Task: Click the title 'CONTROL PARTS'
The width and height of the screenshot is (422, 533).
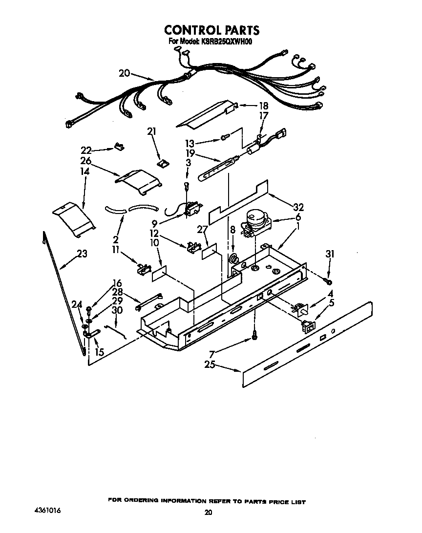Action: [x=211, y=30]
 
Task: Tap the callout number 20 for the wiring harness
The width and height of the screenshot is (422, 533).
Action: [x=124, y=73]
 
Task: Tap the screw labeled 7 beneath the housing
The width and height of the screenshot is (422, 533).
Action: [x=254, y=337]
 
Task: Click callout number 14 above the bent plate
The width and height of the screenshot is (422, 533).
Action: [x=85, y=172]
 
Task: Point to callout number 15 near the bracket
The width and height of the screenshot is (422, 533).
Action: [x=99, y=352]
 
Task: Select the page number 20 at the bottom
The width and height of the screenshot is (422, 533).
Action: [x=209, y=512]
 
